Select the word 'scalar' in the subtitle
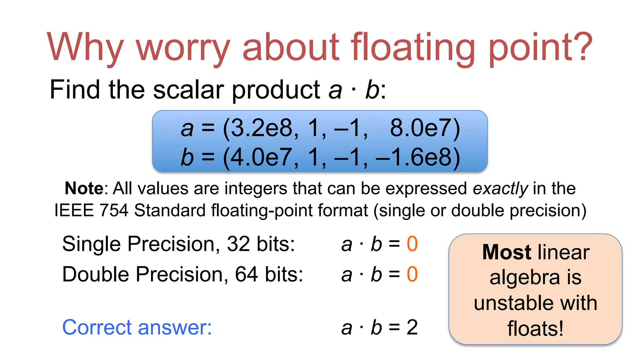pyautogui.click(x=188, y=90)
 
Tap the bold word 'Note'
pyautogui.click(x=84, y=188)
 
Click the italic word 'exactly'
pyautogui.click(x=500, y=188)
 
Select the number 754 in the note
pyautogui.click(x=114, y=210)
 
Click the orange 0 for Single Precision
pyautogui.click(x=412, y=244)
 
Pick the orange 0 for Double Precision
pyautogui.click(x=412, y=274)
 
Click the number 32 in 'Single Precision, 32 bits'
pyautogui.click(x=238, y=244)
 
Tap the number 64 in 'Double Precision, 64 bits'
pyautogui.click(x=247, y=274)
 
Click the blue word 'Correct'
pyautogui.click(x=98, y=327)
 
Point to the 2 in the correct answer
pyautogui.click(x=412, y=327)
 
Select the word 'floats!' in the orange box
pyautogui.click(x=535, y=329)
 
